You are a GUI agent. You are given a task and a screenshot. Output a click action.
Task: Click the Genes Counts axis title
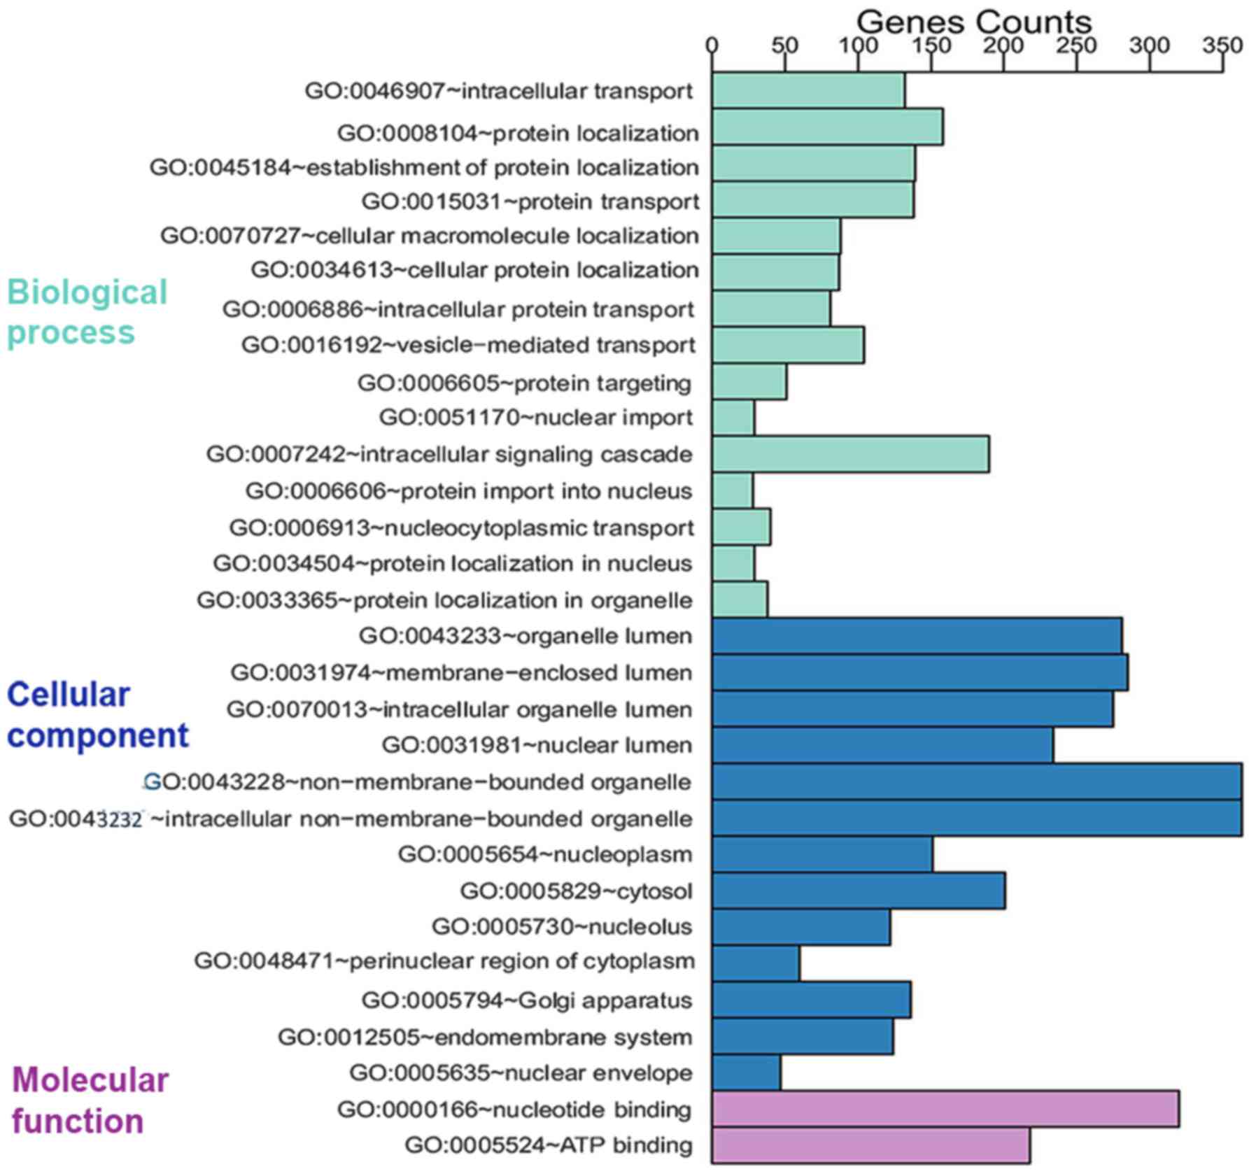coord(973,22)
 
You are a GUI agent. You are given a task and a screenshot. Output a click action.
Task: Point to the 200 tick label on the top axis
coord(1003,46)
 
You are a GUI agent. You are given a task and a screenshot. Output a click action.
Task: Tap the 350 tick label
coord(1222,46)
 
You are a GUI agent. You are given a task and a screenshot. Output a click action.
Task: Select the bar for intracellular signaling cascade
coord(850,454)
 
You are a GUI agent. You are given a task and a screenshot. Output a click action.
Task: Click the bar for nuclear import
coord(733,418)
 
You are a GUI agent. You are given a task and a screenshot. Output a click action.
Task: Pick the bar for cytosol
coord(859,891)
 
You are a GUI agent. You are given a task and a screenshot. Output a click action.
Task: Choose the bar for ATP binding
coord(870,1145)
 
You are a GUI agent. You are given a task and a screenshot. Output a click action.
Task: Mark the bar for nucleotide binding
coord(945,1109)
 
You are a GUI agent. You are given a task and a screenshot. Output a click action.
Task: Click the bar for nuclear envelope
coord(747,1072)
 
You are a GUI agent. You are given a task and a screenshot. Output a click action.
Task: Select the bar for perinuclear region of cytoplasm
coord(756,963)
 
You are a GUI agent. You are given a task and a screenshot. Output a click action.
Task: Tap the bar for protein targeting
coord(749,382)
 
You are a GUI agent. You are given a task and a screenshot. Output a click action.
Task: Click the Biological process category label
coord(87,312)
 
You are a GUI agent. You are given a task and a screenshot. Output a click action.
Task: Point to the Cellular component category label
coord(97,715)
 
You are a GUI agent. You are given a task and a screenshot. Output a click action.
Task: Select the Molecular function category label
coord(90,1100)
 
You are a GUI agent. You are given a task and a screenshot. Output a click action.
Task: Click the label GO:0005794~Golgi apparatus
coord(527,1000)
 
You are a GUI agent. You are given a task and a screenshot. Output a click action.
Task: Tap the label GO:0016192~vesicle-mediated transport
coord(468,345)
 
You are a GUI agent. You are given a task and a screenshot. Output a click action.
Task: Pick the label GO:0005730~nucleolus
coord(562,927)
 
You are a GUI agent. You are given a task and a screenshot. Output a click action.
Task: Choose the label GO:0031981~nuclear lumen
coord(537,745)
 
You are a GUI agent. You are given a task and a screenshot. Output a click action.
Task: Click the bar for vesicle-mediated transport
coord(788,345)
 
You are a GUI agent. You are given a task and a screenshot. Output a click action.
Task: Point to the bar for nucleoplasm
coord(822,854)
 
